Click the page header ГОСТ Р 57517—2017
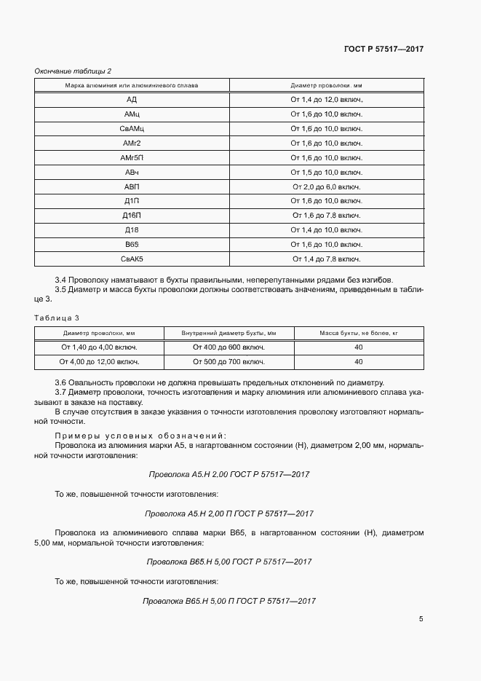[x=383, y=49]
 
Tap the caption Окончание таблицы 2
[x=73, y=71]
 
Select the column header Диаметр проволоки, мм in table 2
[x=327, y=85]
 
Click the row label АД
[x=132, y=100]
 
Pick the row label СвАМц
[x=132, y=128]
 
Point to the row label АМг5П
[x=132, y=157]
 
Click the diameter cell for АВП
[x=327, y=186]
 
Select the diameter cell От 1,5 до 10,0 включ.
[x=327, y=172]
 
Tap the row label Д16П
[x=132, y=215]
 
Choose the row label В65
[x=132, y=244]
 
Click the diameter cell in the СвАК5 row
[x=327, y=259]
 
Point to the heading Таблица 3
[x=57, y=318]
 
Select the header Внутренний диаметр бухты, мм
[x=228, y=333]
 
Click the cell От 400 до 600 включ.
[x=228, y=347]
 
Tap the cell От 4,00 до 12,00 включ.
[x=100, y=361]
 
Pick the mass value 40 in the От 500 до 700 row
[x=358, y=361]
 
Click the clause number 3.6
[x=61, y=383]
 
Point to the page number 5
[x=421, y=620]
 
